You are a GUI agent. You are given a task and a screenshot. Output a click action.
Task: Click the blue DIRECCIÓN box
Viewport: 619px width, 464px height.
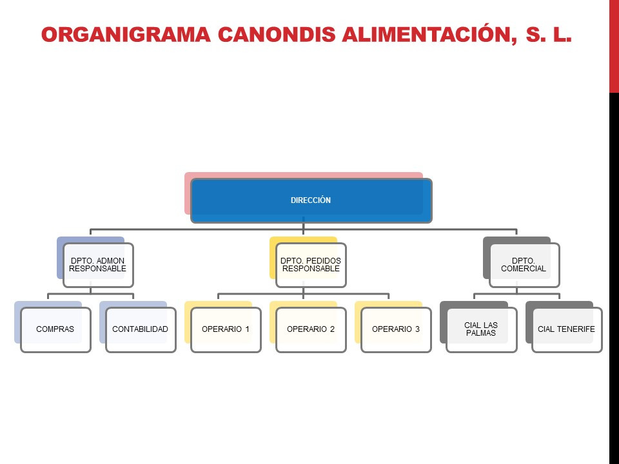pos(311,200)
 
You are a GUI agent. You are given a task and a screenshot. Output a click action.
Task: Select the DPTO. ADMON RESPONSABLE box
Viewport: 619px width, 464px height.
pos(98,265)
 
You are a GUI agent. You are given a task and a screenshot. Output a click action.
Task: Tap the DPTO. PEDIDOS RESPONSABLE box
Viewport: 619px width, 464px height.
pos(311,265)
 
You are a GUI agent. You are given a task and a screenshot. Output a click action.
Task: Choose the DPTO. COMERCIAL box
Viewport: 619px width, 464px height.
pos(524,265)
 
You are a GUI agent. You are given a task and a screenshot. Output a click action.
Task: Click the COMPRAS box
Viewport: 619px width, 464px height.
pos(55,330)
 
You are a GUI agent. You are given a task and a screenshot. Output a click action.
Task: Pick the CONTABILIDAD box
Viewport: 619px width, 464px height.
pos(141,330)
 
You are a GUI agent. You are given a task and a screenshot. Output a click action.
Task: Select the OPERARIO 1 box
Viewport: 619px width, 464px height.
pos(226,330)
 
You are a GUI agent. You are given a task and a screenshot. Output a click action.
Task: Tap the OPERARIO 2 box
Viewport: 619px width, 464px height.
pos(311,330)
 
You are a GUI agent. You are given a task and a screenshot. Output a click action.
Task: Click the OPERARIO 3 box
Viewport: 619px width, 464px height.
pos(396,330)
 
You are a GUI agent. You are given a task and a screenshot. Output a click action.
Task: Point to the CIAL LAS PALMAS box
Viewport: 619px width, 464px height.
pos(482,330)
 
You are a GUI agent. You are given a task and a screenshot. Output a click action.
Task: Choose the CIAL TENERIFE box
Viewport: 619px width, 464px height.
pos(567,330)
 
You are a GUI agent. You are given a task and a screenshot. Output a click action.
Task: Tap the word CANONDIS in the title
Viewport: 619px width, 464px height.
pos(277,34)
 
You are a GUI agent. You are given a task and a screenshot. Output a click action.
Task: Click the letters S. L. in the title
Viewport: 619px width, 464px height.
pos(549,34)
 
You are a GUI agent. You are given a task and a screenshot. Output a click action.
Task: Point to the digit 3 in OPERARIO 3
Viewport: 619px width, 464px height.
pos(417,329)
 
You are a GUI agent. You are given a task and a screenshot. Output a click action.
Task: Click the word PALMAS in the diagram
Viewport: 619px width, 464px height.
pos(481,333)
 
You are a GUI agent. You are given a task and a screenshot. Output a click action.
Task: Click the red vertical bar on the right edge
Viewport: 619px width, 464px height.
pos(614,46)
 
